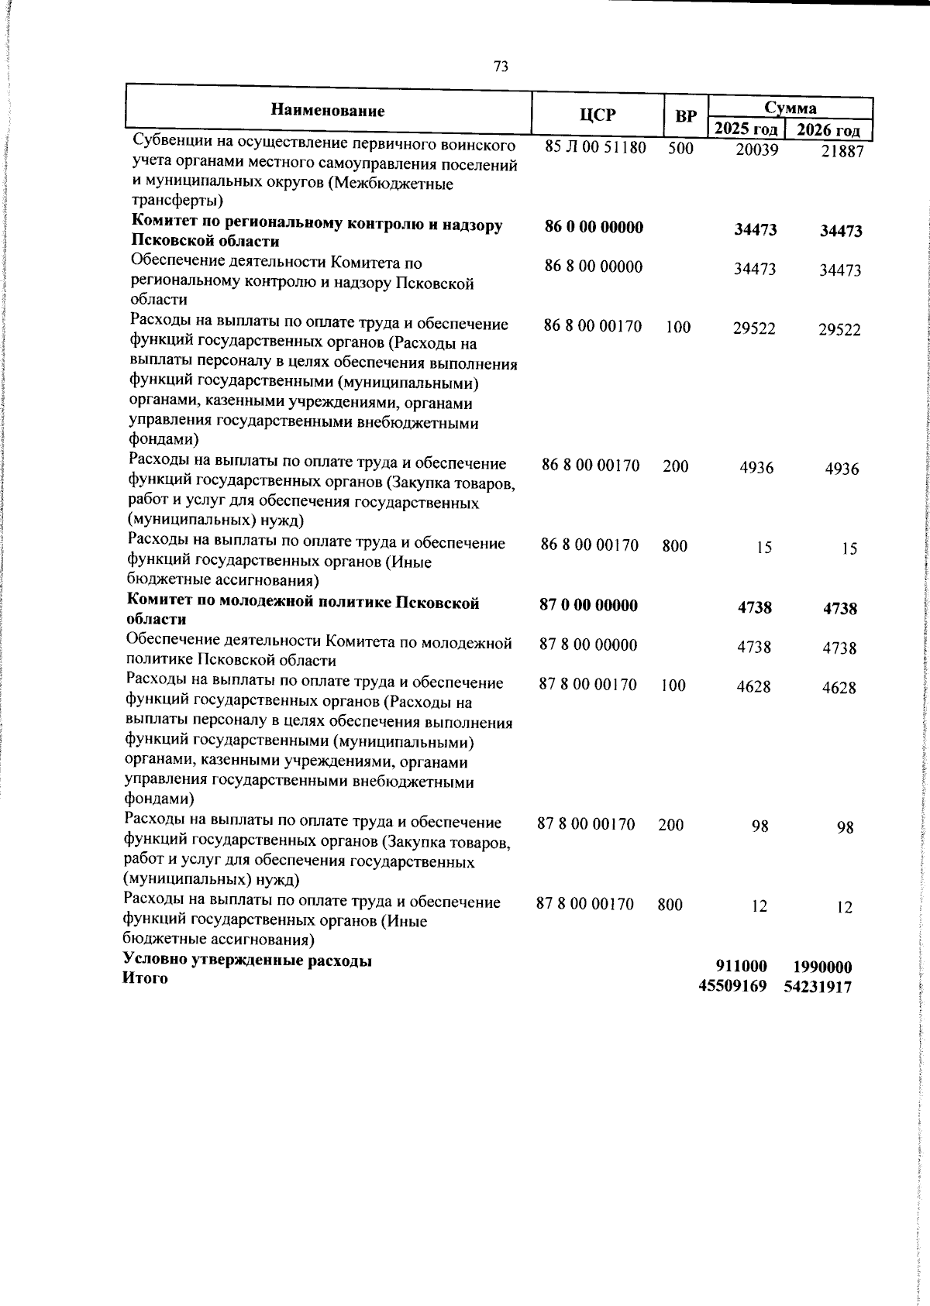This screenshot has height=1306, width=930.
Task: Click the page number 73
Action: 501,67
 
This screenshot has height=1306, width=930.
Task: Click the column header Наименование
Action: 328,111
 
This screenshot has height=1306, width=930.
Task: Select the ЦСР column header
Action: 598,115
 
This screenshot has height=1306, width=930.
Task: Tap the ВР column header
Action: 685,117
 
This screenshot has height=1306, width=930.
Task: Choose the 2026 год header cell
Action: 828,130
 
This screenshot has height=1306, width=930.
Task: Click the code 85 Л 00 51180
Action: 595,147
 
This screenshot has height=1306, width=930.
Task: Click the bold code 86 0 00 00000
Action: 594,227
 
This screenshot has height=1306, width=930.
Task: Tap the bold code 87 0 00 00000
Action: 588,605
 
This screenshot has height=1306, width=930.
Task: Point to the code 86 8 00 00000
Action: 594,266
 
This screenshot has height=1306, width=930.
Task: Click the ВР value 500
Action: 680,148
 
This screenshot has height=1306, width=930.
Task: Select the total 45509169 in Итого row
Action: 732,986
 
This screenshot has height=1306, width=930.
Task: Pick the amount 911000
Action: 740,966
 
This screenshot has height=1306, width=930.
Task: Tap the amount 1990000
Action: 822,967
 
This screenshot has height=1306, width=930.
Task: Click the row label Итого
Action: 145,978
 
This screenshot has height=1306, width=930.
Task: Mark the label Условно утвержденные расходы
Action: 247,961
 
